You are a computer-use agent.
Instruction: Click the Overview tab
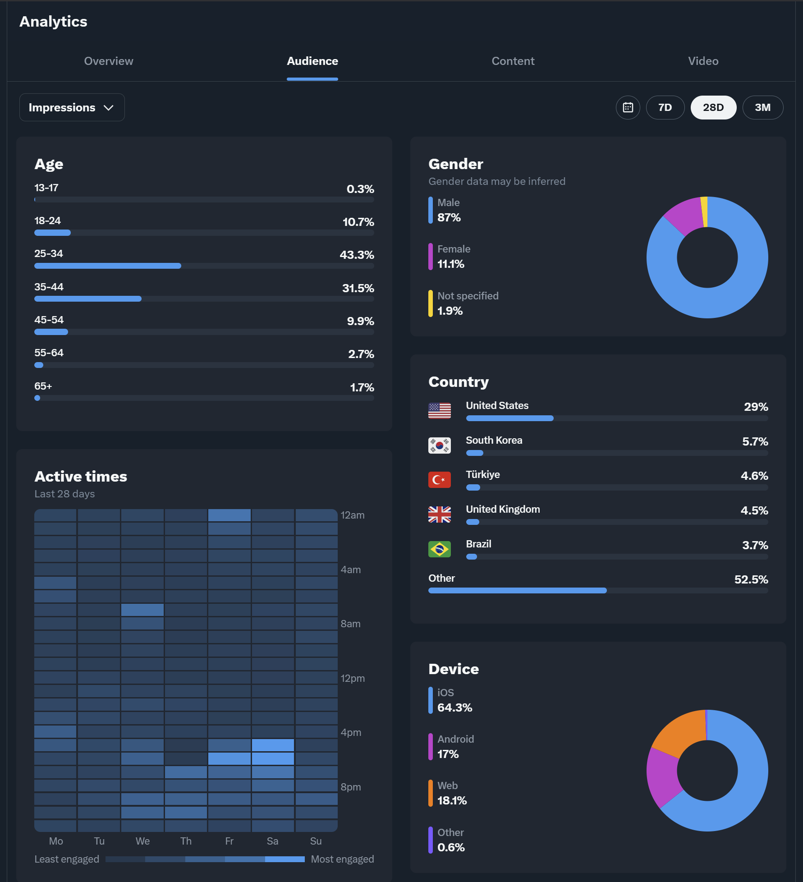tap(109, 61)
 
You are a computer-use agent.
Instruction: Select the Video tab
tap(703, 61)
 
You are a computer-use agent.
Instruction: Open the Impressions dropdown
tap(72, 107)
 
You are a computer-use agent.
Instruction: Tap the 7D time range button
tap(665, 107)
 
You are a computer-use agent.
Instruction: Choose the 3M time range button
tap(762, 107)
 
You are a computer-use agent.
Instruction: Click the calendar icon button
tap(628, 107)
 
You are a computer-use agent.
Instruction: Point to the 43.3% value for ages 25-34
tap(357, 255)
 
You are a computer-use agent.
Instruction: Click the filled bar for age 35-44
tap(88, 299)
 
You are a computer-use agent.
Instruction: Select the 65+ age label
tap(43, 386)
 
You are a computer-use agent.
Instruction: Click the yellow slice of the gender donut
tap(704, 211)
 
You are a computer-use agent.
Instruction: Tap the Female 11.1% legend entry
tap(451, 257)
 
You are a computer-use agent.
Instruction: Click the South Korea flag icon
tap(439, 446)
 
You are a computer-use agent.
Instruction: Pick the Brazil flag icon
tap(439, 549)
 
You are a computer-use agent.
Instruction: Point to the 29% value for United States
tap(756, 407)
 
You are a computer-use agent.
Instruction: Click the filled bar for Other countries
tap(517, 591)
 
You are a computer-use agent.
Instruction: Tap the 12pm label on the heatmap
tap(352, 678)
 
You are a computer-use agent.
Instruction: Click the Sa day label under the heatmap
tap(272, 841)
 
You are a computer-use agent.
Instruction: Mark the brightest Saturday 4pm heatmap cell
tap(273, 745)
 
